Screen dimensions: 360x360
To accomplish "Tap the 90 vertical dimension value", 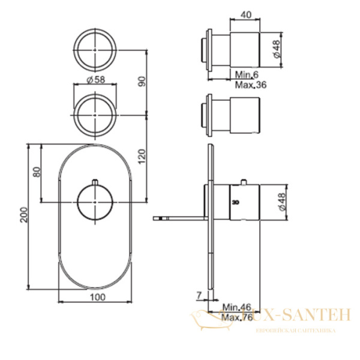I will [142, 82].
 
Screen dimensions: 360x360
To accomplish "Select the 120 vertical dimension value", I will [142, 157].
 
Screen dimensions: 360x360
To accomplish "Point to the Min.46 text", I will [236, 307].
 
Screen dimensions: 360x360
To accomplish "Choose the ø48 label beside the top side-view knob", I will [277, 48].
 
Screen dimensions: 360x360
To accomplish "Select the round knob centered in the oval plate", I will [95, 202].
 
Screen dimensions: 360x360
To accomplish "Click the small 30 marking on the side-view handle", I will [235, 202].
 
